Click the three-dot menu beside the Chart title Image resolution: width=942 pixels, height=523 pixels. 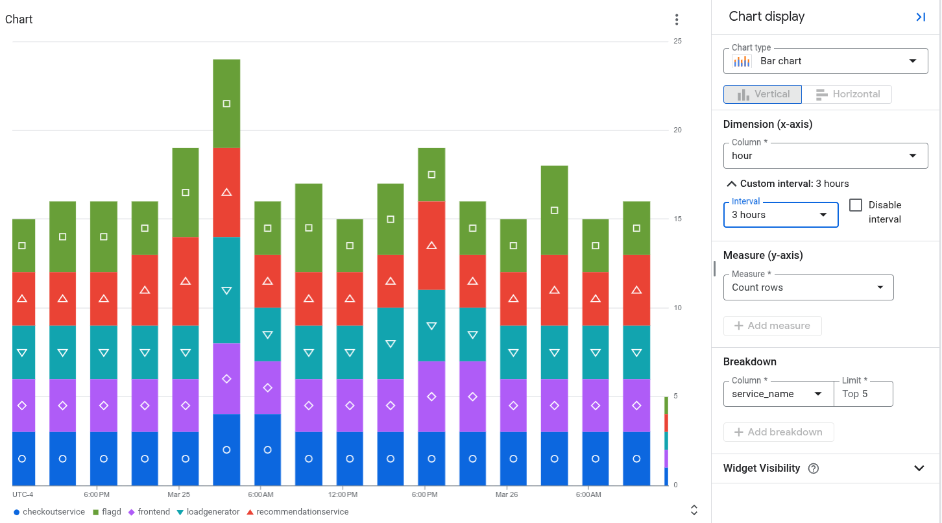click(x=677, y=19)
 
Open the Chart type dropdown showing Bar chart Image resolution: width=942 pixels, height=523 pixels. click(x=825, y=61)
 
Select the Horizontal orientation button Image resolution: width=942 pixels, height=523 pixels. click(x=847, y=94)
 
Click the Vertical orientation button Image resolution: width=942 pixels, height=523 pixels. click(x=763, y=94)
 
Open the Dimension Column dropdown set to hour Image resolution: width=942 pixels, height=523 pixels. click(x=825, y=156)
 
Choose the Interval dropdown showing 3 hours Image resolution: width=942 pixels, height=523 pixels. click(x=780, y=215)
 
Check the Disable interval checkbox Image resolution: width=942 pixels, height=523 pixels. click(x=856, y=205)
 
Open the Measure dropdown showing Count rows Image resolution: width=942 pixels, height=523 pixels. click(x=808, y=287)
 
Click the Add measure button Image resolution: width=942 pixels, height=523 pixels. click(x=772, y=326)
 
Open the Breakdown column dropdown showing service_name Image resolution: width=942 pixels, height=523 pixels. click(x=778, y=394)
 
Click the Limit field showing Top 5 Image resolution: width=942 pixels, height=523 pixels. click(x=863, y=394)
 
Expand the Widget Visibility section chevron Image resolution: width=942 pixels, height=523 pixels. click(x=919, y=468)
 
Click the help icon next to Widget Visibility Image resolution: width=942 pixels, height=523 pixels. click(x=814, y=468)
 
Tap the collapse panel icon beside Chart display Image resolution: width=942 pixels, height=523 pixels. click(x=920, y=18)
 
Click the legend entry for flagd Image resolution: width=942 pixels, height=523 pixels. click(x=107, y=512)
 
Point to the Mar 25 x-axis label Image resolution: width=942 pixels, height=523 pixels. click(x=178, y=494)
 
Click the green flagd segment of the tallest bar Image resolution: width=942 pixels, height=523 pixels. click(x=226, y=104)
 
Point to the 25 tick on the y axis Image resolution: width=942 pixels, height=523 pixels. click(x=677, y=41)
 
